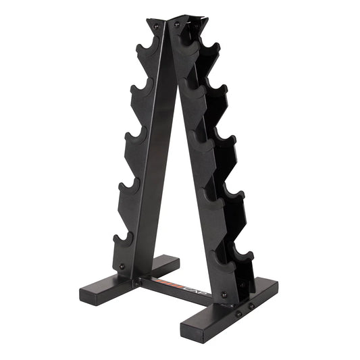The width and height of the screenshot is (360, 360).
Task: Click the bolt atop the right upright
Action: click(177, 24)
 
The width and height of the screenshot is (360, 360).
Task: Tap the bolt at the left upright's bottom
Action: click(122, 266)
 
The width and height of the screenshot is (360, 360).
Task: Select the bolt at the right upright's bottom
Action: click(224, 294)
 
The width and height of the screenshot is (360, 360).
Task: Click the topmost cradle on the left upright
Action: click(145, 50)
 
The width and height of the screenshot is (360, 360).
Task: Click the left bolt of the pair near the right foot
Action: click(238, 313)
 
